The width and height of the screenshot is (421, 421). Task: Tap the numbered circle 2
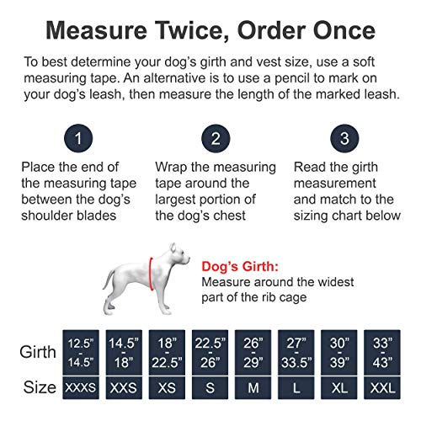pos(216,137)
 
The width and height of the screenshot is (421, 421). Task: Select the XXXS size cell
pos(84,388)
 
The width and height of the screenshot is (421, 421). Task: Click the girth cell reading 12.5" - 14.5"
pos(84,352)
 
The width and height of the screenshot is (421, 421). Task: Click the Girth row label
pos(36,352)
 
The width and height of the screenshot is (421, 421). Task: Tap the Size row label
pos(37,388)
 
